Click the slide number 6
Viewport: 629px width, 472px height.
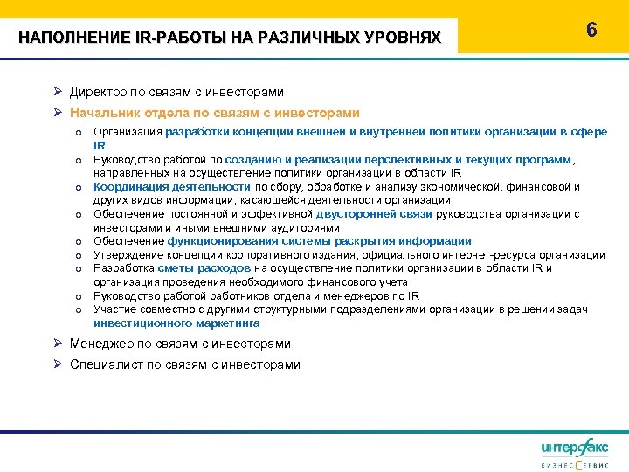tap(591, 30)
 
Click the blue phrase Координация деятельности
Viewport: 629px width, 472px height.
tap(173, 186)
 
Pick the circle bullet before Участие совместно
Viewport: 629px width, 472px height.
tap(78, 309)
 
